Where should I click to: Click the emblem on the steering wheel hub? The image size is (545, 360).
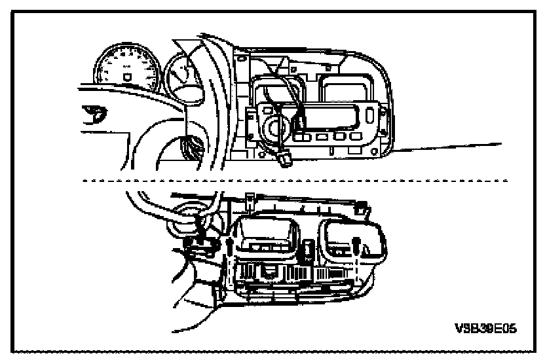coord(94,114)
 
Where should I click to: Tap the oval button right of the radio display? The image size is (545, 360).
coord(369,115)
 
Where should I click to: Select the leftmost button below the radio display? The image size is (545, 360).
coord(302,137)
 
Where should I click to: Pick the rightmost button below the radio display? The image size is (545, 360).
coord(356,135)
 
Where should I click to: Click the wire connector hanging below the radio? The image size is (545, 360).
coord(286,160)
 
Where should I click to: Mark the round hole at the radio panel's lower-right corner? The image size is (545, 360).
coord(374,152)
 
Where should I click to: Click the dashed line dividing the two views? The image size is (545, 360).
coord(295,181)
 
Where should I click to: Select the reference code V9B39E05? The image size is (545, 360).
coord(485,328)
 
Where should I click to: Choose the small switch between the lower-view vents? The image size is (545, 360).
coord(309,250)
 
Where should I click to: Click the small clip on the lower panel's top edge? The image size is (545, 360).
coord(249,200)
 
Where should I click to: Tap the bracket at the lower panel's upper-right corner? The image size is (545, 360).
coord(362,207)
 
